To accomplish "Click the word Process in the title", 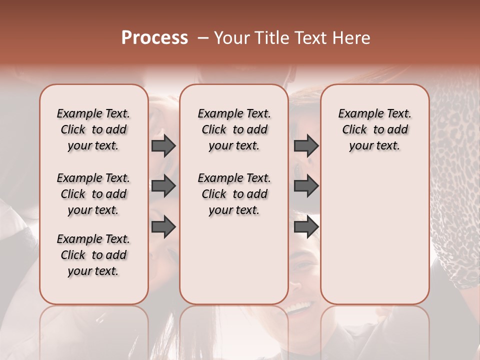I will coord(154,38).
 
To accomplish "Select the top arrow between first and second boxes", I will coord(163,146).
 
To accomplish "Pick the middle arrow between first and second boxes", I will coord(163,186).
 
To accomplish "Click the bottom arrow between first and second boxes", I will coord(163,226).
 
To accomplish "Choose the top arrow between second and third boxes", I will coord(306,146).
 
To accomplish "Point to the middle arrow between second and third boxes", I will coord(306,186).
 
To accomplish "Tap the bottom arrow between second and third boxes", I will coord(306,226).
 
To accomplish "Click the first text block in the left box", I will coord(93,129).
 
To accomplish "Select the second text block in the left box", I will coord(93,194).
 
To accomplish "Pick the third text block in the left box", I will coord(93,255).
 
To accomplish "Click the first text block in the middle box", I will coord(234,129).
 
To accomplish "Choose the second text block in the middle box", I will coord(234,194).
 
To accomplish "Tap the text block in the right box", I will coord(375,129).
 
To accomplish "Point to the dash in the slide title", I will coord(202,38).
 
